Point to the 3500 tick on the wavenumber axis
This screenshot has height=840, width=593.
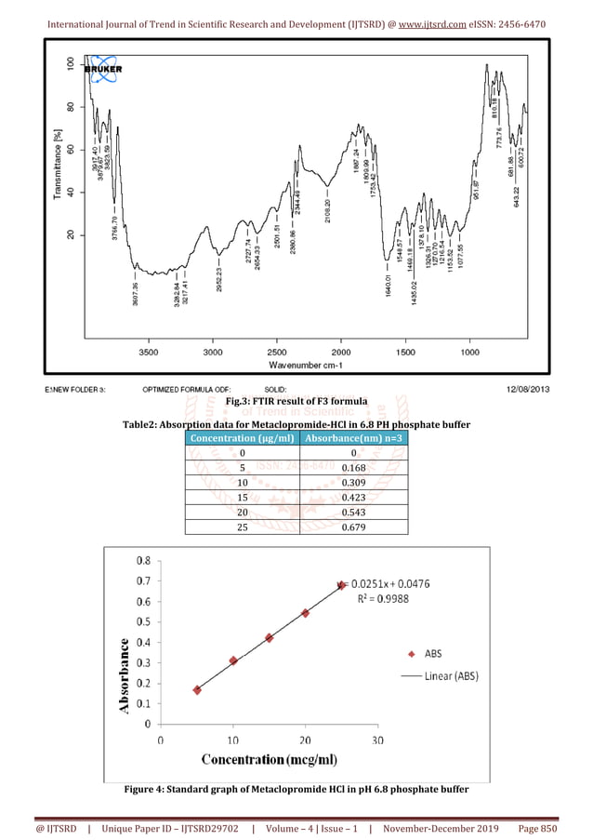coord(149,353)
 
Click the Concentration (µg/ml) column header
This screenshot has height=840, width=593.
coord(242,438)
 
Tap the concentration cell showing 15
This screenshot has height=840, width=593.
coord(242,497)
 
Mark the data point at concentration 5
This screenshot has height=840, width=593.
coord(197,689)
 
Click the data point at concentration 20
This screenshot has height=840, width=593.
coord(305,613)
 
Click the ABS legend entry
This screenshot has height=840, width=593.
coord(432,653)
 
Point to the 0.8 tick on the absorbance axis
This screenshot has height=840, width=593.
coord(145,561)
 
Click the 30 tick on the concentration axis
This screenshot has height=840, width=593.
coord(377,740)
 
